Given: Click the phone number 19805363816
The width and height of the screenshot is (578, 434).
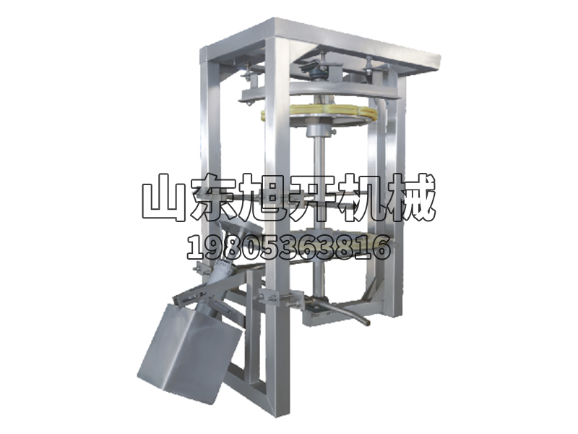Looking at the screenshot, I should click(x=289, y=247).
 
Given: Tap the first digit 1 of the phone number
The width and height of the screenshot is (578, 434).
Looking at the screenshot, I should click(x=194, y=247).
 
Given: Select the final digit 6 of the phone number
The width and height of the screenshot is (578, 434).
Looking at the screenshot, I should click(x=383, y=247).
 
